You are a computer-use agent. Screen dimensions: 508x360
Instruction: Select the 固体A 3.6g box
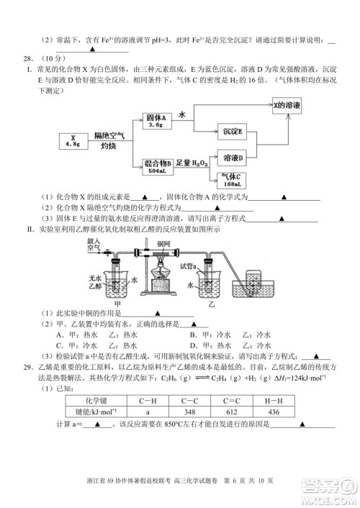point(156,119)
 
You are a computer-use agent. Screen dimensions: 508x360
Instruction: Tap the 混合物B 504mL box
point(157,167)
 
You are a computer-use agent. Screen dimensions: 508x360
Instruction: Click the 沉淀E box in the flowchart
point(233,132)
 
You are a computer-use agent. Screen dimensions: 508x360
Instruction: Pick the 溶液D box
point(233,157)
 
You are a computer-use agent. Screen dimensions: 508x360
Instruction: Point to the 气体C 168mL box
point(233,179)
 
